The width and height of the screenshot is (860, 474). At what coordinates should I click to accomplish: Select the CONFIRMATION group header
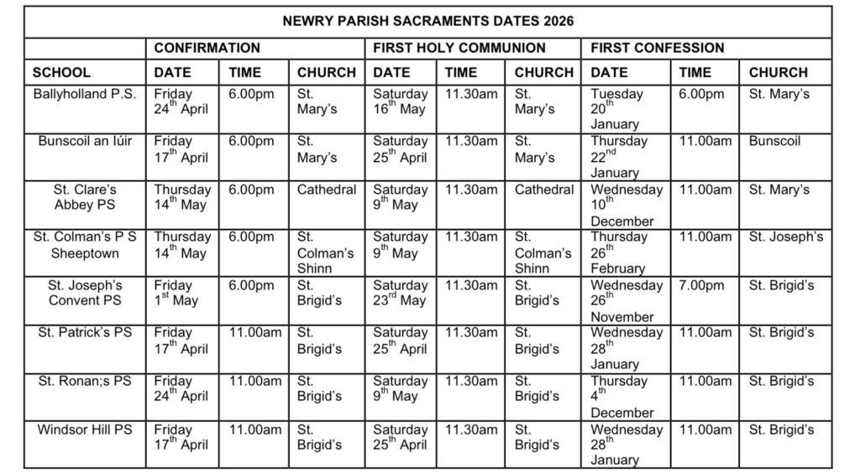207,48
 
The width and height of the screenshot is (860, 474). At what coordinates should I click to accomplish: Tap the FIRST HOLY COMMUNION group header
459,48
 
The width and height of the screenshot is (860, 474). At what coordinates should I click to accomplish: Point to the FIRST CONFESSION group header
658,48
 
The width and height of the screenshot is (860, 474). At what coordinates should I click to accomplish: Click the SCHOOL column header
61,72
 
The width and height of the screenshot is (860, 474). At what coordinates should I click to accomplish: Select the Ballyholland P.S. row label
85,94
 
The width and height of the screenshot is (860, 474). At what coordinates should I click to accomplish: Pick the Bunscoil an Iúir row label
85,141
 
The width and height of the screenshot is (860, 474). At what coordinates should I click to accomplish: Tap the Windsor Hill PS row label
85,430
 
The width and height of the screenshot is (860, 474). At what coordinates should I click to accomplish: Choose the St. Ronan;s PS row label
85,381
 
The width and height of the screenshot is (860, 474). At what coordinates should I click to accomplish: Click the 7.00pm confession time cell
701,285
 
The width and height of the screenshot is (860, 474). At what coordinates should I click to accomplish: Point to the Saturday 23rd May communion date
401,293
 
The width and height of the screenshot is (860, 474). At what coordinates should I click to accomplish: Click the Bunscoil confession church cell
775,141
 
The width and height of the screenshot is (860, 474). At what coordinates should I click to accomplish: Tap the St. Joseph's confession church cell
786,237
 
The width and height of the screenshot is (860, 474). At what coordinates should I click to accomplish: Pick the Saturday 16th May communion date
401,102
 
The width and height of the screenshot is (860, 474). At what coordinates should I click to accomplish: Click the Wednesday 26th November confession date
627,301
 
